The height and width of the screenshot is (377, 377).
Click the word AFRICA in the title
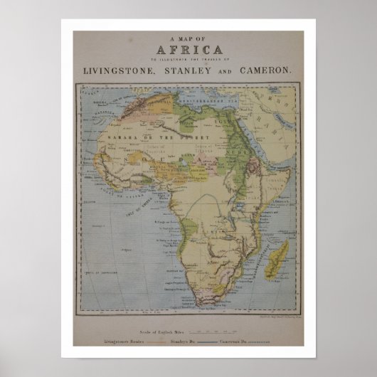click(x=188, y=51)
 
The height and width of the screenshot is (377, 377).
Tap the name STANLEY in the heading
click(x=201, y=70)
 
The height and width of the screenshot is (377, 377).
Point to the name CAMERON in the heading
click(x=267, y=70)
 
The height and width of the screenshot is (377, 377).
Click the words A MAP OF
click(x=188, y=40)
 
